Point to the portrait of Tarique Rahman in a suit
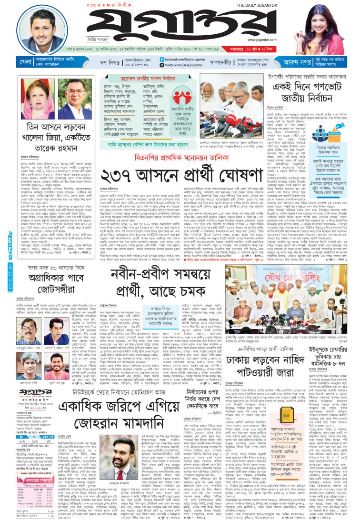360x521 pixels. [74, 100]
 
